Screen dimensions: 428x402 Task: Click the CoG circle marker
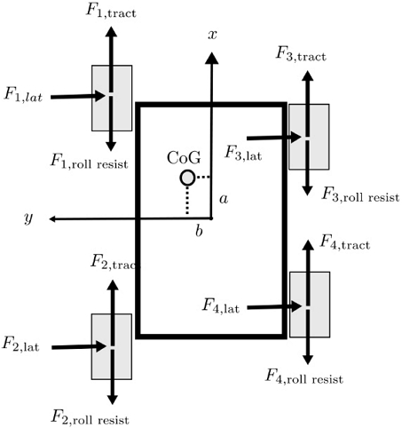(187, 178)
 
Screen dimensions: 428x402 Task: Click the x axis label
(212, 35)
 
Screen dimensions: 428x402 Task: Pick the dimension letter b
(199, 231)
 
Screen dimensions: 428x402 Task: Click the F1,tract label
(111, 12)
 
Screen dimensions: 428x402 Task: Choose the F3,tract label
(301, 55)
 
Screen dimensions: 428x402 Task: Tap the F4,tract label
(344, 242)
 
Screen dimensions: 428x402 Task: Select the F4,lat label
(220, 306)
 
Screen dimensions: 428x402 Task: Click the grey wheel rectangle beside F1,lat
(111, 97)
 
